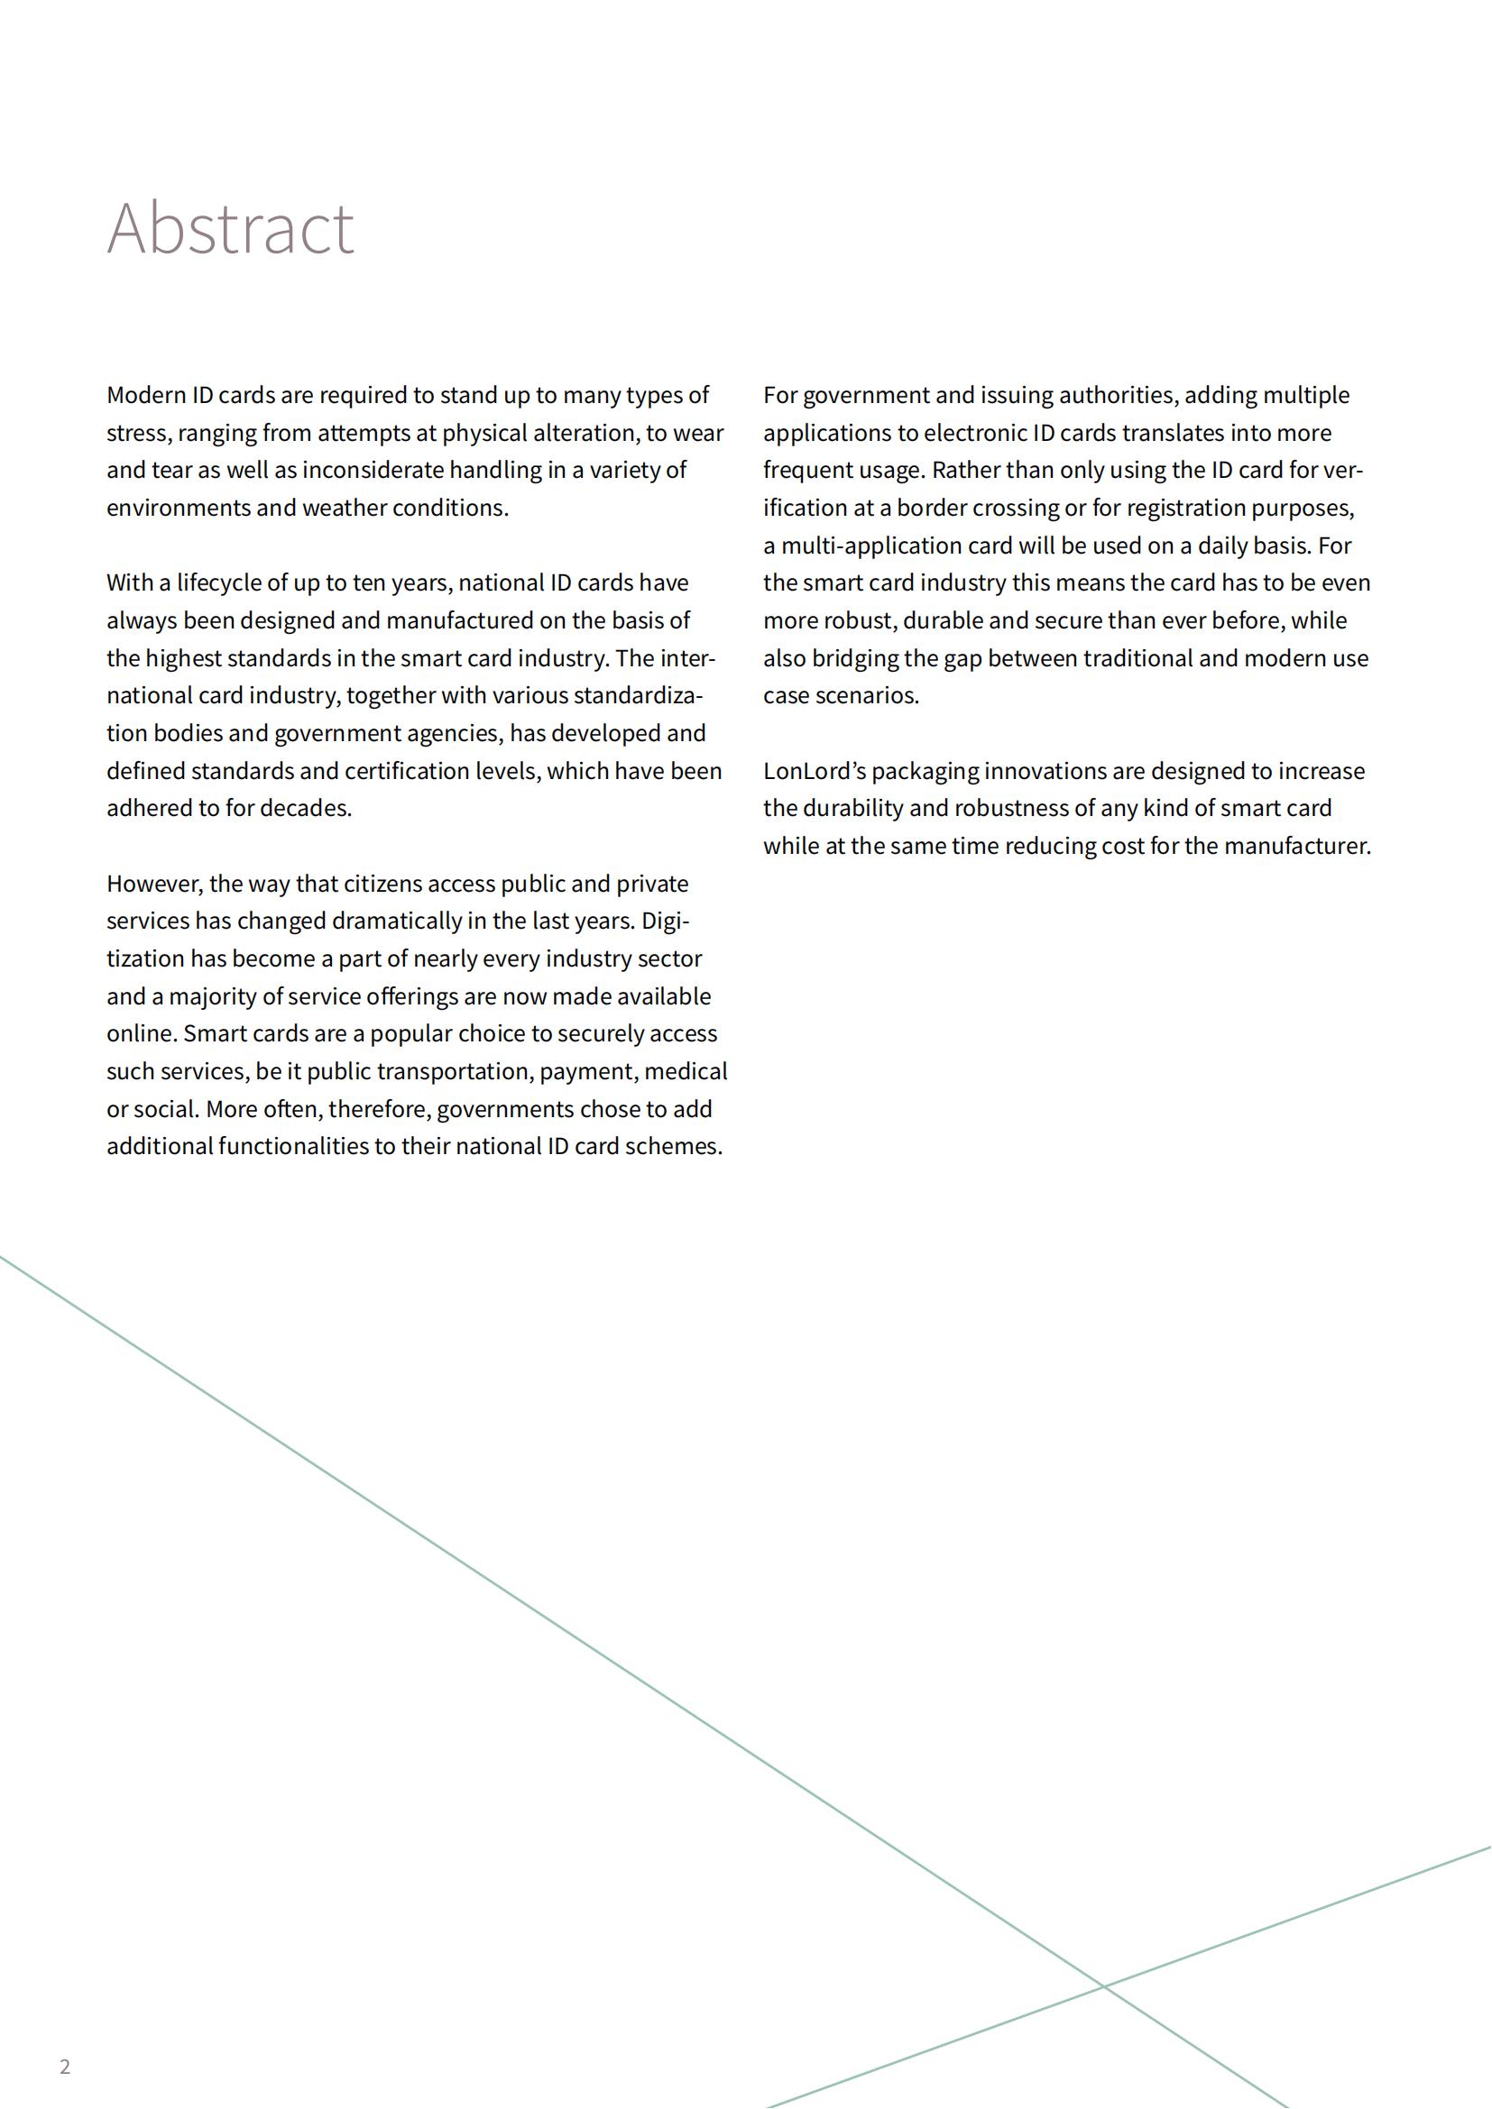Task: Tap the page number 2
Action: coord(64,2067)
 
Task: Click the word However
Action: coord(153,884)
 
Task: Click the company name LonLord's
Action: coord(814,772)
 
